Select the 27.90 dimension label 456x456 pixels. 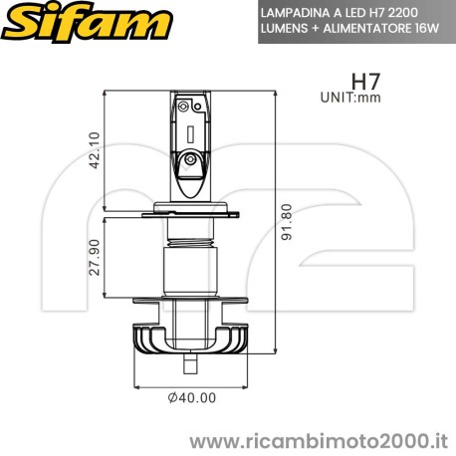pyautogui.click(x=95, y=258)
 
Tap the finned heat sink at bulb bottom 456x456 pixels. pyautogui.click(x=187, y=342)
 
